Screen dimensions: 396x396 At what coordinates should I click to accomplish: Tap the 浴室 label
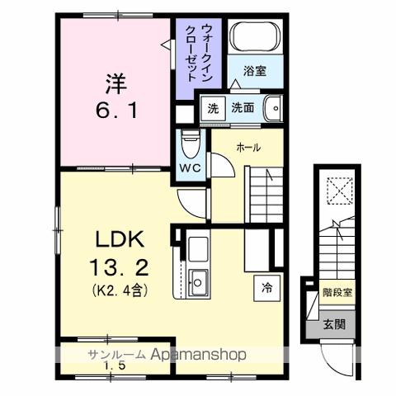[254, 71]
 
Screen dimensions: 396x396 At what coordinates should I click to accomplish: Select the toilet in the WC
[190, 147]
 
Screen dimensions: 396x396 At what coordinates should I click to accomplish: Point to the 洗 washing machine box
[213, 107]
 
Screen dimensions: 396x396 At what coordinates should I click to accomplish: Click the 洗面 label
[242, 107]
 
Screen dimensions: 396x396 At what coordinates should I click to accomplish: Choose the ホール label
[248, 148]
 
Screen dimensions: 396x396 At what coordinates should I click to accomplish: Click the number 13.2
[120, 268]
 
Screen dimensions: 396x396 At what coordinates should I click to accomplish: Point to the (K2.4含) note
[120, 290]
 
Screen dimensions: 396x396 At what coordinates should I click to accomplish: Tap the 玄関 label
[334, 324]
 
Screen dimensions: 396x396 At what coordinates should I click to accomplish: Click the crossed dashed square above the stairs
[337, 191]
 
